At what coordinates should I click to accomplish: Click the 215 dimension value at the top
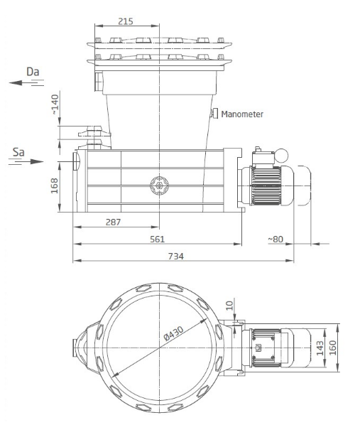click(126, 21)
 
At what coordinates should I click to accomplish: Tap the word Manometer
click(242, 114)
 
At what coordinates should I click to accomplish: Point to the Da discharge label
click(33, 72)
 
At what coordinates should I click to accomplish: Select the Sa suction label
click(18, 152)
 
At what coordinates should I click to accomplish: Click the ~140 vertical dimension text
click(55, 104)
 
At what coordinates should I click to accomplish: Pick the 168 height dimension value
click(55, 185)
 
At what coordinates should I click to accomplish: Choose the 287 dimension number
click(113, 222)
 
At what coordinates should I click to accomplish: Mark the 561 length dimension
click(158, 239)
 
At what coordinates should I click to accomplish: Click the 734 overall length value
click(176, 256)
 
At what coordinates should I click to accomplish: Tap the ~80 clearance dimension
click(276, 240)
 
